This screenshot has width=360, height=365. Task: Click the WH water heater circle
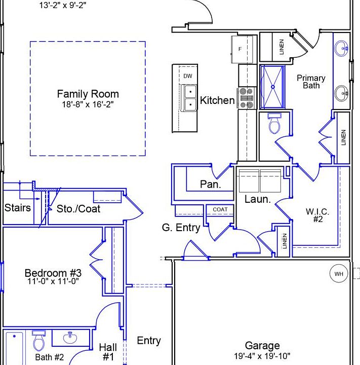(x=339, y=274)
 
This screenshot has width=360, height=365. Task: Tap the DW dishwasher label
(x=188, y=76)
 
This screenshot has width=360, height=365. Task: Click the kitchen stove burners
(x=247, y=98)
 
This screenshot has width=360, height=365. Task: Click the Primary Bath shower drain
(x=273, y=87)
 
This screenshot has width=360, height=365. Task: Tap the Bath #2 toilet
(x=39, y=341)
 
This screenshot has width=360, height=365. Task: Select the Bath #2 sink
(x=70, y=338)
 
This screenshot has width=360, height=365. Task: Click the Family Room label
(x=88, y=94)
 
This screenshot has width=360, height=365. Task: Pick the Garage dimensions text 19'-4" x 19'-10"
(x=262, y=356)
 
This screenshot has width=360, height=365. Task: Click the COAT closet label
(x=220, y=209)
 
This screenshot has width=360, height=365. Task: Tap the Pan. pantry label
(x=211, y=184)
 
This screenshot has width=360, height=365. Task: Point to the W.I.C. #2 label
(x=317, y=215)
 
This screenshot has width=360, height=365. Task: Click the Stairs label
(x=17, y=208)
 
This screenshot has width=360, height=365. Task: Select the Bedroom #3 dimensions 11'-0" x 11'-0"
(x=53, y=281)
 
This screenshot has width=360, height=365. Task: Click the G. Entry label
(x=181, y=228)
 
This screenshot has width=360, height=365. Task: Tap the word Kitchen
(x=217, y=100)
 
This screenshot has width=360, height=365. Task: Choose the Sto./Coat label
(x=78, y=209)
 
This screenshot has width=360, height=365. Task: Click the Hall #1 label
(x=108, y=352)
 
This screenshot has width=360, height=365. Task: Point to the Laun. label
(x=258, y=199)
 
